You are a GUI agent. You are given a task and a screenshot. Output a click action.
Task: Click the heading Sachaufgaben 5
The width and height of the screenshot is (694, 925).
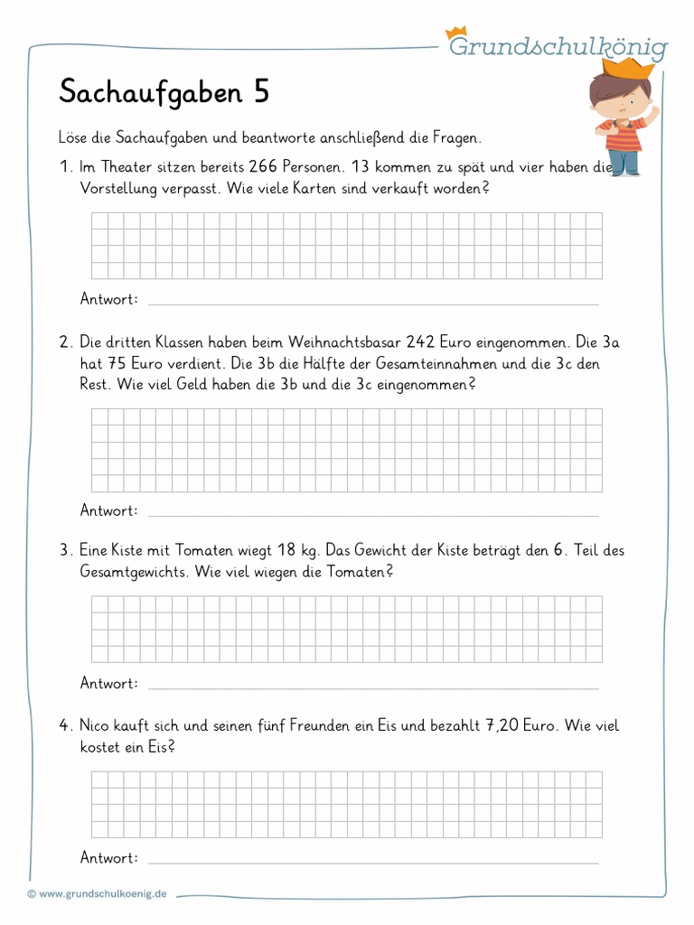tap(164, 92)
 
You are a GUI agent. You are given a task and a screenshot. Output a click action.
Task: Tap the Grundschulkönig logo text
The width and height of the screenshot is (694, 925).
tap(558, 46)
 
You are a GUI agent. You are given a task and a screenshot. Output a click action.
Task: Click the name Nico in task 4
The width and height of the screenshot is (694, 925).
tap(97, 725)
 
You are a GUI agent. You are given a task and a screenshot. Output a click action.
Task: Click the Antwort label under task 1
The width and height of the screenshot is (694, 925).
tap(109, 299)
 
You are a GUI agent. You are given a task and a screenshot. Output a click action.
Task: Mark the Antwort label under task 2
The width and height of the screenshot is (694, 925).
tap(109, 510)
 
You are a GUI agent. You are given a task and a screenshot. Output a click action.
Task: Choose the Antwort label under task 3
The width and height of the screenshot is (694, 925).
tap(109, 684)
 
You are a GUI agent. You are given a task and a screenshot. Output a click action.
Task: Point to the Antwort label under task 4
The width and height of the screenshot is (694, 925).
tap(109, 858)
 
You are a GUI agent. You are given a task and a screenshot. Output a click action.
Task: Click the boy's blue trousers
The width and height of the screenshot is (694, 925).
tap(623, 162)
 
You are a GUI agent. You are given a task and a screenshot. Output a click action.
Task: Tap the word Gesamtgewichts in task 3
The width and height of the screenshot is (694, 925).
tap(133, 572)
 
